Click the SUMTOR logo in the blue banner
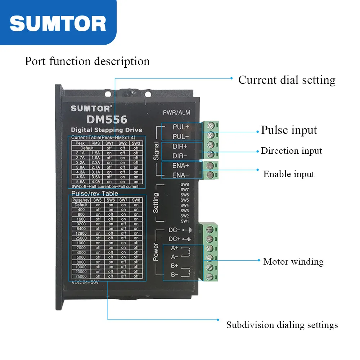(x=58, y=23)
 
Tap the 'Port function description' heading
(x=87, y=61)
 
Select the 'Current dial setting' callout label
(x=287, y=80)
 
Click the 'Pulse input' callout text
(x=289, y=130)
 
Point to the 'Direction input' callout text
(x=291, y=150)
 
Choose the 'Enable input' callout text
(x=289, y=174)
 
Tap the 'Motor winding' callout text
(x=293, y=261)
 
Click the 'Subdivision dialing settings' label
(x=282, y=325)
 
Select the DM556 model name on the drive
(x=107, y=119)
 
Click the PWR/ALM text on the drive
(x=176, y=113)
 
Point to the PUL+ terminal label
(x=181, y=127)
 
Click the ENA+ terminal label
(x=181, y=166)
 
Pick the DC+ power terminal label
(x=174, y=239)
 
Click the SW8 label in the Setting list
(x=184, y=184)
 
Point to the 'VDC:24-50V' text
(x=85, y=283)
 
